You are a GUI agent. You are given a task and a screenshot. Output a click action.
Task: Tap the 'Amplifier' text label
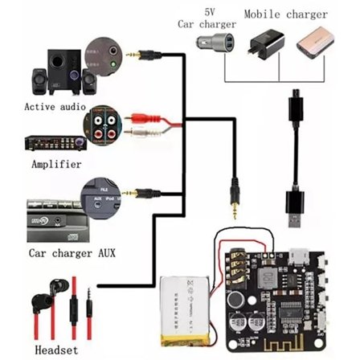coord(56,164)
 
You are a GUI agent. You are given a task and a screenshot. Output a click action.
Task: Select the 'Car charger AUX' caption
coord(72,252)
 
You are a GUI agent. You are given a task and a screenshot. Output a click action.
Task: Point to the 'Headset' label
coord(56,350)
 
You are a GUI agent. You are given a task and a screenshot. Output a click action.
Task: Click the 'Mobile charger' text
coord(285,14)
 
